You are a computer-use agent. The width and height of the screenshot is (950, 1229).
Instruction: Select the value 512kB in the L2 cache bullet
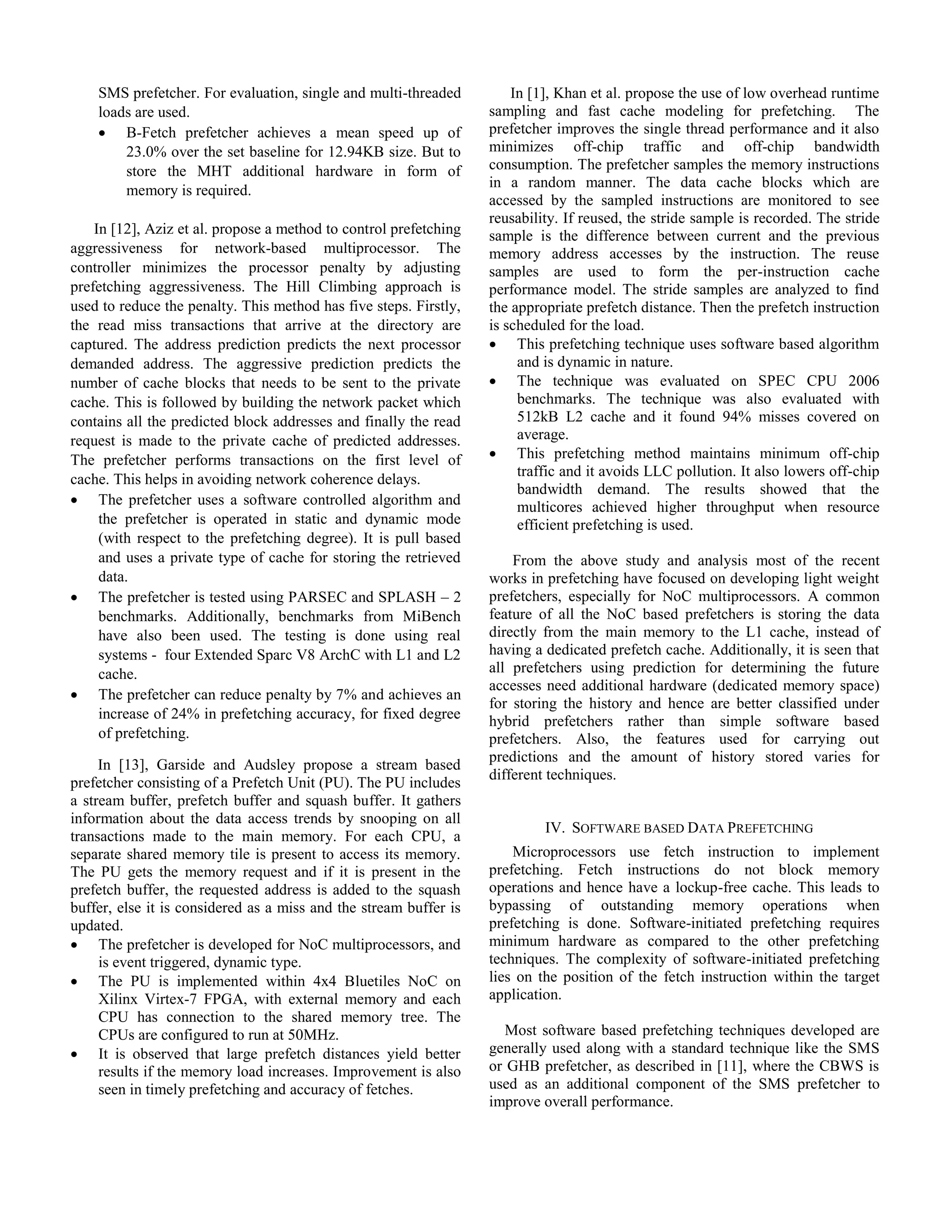point(536,416)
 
